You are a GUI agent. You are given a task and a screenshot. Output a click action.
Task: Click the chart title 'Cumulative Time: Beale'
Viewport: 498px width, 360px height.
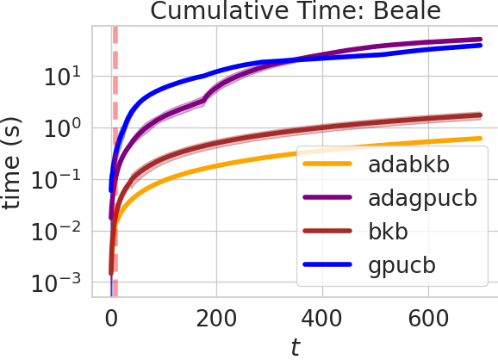[x=293, y=12]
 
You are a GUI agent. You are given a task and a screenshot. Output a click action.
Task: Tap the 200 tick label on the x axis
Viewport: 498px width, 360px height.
[x=216, y=317]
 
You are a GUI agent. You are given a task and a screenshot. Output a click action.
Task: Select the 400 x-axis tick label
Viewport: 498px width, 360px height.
[x=321, y=317]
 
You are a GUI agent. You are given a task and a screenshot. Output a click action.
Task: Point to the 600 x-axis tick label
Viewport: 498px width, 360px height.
[x=426, y=317]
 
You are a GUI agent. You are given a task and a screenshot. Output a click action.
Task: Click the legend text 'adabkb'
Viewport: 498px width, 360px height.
[x=408, y=164]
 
